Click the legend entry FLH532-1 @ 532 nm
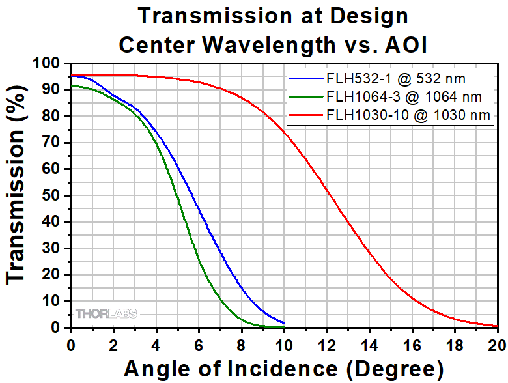coord(397,79)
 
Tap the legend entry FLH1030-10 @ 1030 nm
coord(408,116)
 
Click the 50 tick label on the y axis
coord(53,195)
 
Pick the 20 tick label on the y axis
coord(53,275)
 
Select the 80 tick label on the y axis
coord(53,117)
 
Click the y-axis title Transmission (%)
coord(17,195)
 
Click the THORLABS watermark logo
coord(106,313)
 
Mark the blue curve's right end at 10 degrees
coord(284,323)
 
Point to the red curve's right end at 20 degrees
coord(497,326)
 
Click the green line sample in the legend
coord(306,98)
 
